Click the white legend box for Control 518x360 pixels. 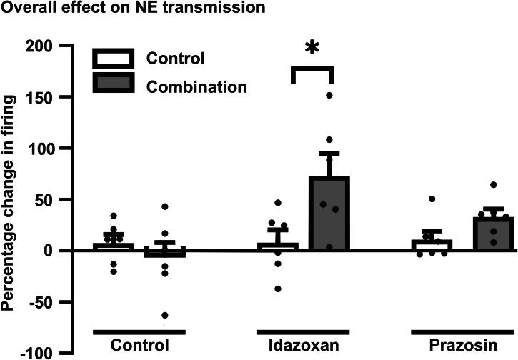click(113, 59)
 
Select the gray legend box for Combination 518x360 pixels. click(113, 84)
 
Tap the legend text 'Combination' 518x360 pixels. click(196, 86)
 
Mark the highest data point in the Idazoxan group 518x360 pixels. click(329, 95)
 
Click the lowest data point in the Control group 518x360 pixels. click(165, 315)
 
